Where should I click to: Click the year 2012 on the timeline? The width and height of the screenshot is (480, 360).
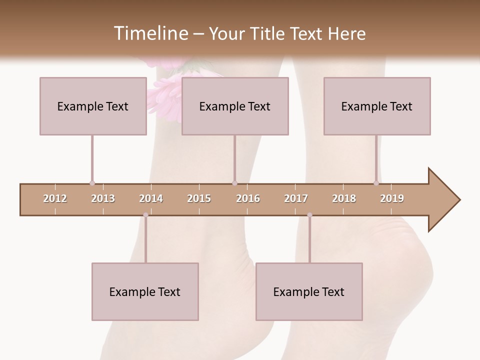55,198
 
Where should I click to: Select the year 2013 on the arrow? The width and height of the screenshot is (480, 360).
103,198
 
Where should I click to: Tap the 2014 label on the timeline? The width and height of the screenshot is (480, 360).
151,198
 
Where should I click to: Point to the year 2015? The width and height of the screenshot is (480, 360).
199,198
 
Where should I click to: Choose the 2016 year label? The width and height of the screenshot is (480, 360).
248,198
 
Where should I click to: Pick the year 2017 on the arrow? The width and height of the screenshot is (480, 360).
296,198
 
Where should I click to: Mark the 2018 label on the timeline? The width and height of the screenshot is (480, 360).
344,198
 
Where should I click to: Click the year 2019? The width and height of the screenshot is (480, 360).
392,198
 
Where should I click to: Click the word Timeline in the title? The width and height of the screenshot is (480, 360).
150,33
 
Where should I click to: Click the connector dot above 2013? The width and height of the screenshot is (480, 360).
92,183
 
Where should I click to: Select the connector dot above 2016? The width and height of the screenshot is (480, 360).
234,183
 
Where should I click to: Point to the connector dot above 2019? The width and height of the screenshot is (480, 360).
376,183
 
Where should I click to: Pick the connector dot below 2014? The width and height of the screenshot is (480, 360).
145,215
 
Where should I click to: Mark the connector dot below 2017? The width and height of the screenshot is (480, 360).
309,215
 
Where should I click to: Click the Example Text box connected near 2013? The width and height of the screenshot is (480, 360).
93,106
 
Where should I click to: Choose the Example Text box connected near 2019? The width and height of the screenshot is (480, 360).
377,106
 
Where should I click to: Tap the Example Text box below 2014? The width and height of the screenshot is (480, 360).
145,291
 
